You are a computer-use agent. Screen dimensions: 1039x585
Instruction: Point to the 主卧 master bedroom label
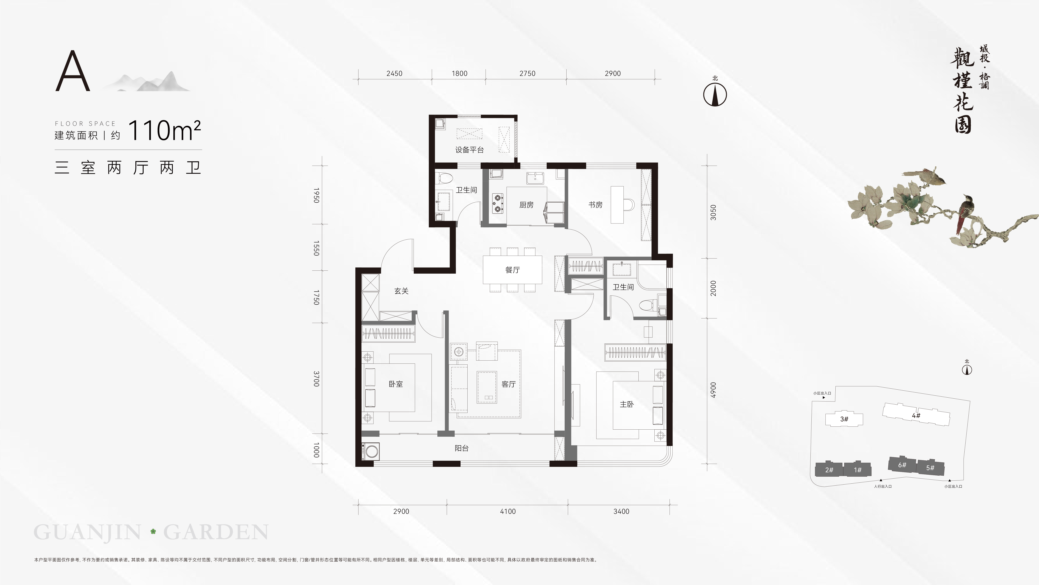pos(627,404)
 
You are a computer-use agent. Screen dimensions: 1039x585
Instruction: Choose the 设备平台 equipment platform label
pos(470,150)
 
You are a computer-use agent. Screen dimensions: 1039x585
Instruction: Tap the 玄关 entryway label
pos(401,291)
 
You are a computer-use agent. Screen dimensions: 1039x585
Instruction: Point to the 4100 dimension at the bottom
pos(508,511)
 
